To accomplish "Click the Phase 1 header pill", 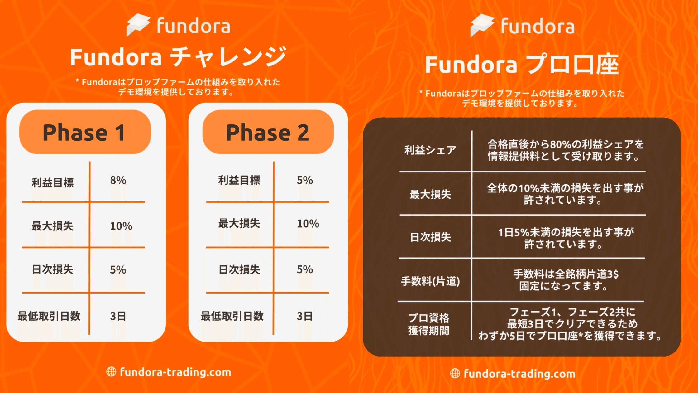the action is click(x=85, y=132).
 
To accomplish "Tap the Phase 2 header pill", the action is click(x=268, y=132).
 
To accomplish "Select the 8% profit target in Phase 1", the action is click(x=118, y=180).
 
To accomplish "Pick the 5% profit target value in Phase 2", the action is click(x=305, y=180).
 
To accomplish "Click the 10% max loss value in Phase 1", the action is click(x=121, y=226).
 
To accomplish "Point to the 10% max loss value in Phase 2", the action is click(x=308, y=224).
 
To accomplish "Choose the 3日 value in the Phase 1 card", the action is click(x=118, y=316).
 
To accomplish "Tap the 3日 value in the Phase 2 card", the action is click(x=305, y=316).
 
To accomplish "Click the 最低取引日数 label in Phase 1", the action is click(x=49, y=316).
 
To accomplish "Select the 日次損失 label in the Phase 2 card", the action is click(x=239, y=269).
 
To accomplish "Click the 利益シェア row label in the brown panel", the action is click(x=430, y=150).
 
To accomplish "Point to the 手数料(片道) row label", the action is click(x=430, y=281).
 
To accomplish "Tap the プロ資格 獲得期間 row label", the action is click(x=429, y=324).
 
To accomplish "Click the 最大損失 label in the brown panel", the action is click(x=430, y=194).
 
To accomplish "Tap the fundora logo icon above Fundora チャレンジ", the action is click(x=138, y=25).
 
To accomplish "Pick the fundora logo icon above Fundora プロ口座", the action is click(x=482, y=25).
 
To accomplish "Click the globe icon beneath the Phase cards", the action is click(x=111, y=371).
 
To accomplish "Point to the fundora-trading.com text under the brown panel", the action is click(x=519, y=374).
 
